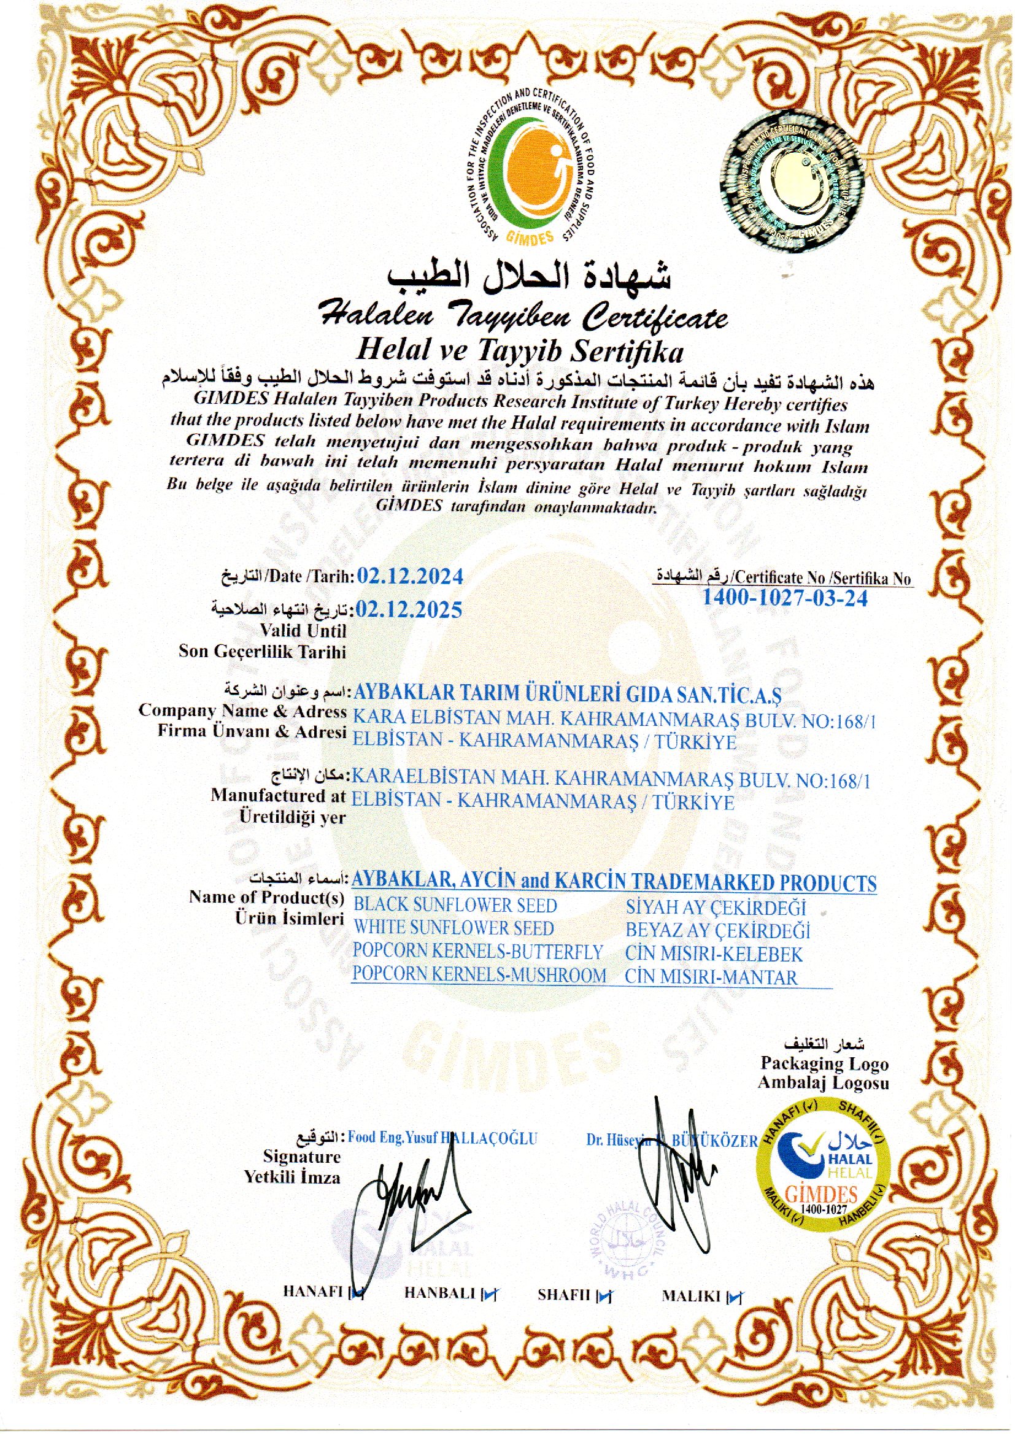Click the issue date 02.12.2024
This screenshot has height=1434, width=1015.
pos(409,576)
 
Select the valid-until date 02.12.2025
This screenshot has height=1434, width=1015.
pos(409,609)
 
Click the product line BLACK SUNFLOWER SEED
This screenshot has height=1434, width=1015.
pos(455,906)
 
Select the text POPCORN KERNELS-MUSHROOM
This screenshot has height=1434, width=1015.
pos(479,975)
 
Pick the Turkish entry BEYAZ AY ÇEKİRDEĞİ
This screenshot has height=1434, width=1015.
pos(717,930)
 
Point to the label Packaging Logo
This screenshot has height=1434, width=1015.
pos(824,1063)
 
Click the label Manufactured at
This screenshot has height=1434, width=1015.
pos(278,796)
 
